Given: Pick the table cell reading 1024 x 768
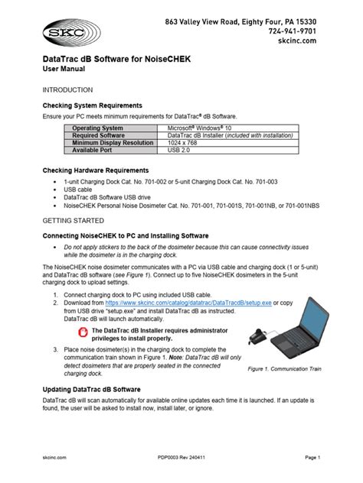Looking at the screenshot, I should [x=188, y=142].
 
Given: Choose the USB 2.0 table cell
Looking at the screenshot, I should [x=181, y=150].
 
